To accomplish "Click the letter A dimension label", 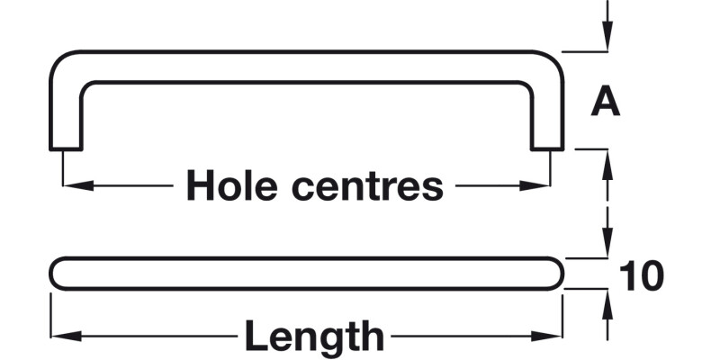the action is coord(606,102).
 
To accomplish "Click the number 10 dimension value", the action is coord(642,276).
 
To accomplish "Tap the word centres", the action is coord(368,186).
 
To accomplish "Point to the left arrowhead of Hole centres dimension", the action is coord(78,186).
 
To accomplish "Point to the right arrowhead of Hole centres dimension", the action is coord(535,186).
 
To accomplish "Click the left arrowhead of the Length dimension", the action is coord(67,336).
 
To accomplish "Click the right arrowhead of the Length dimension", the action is coord(546,336).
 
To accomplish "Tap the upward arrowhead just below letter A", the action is coord(607,165).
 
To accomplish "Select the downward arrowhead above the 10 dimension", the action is coord(607,242).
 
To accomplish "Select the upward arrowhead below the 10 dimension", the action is coord(607,305).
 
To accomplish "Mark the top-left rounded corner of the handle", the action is coord(59,60).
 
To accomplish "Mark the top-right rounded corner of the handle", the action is coord(553,60).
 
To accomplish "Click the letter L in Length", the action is coord(256,335).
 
